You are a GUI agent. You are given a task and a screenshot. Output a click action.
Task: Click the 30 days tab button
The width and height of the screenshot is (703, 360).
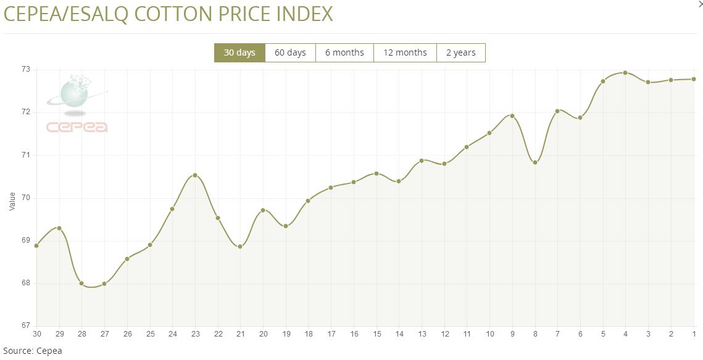click(239, 52)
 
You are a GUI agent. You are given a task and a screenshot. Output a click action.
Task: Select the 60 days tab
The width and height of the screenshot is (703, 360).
click(290, 52)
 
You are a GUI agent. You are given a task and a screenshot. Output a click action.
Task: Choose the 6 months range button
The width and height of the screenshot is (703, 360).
click(344, 52)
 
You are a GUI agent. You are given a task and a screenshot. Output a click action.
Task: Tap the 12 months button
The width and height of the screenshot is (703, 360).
click(405, 52)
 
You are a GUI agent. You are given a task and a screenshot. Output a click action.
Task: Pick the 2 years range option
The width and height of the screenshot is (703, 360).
click(460, 52)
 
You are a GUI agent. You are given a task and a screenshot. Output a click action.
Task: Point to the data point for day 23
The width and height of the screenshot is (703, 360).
click(195, 175)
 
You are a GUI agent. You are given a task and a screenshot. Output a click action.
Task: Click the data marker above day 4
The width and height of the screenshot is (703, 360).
click(625, 73)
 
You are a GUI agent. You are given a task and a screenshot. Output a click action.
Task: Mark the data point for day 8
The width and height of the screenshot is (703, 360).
click(535, 162)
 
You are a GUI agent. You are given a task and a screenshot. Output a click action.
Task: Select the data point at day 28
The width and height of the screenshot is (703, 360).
click(81, 283)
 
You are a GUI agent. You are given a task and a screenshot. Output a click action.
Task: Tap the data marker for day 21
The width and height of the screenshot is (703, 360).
click(240, 246)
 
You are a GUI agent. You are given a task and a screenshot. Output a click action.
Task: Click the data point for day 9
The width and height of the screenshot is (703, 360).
click(512, 116)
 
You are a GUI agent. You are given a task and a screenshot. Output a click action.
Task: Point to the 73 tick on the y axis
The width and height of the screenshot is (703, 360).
click(26, 70)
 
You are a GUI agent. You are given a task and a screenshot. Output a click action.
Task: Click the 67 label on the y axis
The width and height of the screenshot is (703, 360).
click(26, 325)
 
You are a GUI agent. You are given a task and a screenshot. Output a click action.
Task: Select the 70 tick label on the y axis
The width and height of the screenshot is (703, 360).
click(26, 198)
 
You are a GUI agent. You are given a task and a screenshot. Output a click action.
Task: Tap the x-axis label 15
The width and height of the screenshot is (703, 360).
click(376, 334)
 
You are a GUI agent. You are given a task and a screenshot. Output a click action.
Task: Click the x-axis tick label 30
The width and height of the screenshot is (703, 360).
click(36, 334)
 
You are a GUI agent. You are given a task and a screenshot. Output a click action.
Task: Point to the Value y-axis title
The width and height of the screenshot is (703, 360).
click(12, 201)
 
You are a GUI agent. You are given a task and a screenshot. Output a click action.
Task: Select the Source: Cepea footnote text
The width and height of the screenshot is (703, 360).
click(32, 351)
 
